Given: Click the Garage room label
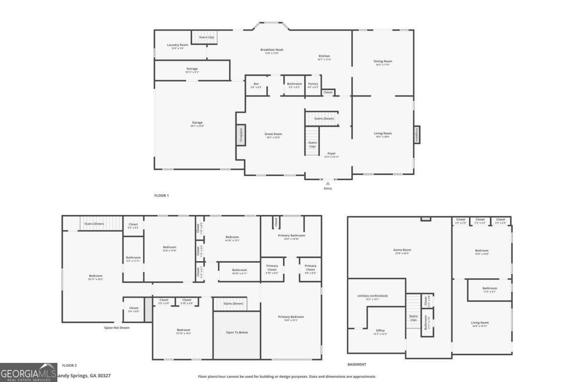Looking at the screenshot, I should coord(197,123).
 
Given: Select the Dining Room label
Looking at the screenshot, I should coord(383,61).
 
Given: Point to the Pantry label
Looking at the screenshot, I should coord(313,84).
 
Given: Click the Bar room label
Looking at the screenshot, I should coord(256,84).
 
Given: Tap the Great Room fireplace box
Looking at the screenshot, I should coord(241,135).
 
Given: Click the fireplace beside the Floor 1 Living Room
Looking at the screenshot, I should coord(417,135).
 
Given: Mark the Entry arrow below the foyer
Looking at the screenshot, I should coord(328,183).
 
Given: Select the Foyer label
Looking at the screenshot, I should coord(331,154).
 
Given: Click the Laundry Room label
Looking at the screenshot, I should coord(175,45).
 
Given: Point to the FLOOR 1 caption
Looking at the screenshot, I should coord(161,195).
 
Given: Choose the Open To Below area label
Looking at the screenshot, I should coord(237,332).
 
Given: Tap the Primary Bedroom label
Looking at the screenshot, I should coord(291,317).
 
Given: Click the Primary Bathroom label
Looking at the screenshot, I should coord(291,235).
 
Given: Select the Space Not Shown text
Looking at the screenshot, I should coord(117,328).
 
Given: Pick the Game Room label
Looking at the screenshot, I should coord(402,250).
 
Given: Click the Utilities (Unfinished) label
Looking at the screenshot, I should coord(373,296).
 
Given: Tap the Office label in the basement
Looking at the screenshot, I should coord(380,330).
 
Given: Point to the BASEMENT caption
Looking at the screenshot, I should coord(357,364).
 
